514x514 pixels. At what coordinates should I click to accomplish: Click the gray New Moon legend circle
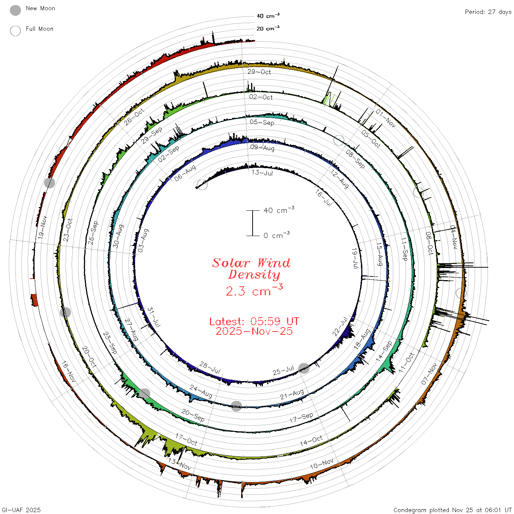pos(15,10)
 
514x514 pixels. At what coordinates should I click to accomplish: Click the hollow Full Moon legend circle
pos(15,31)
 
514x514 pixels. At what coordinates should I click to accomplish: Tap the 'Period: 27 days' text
pos(488,12)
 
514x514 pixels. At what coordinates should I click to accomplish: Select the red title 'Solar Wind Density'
pos(251,269)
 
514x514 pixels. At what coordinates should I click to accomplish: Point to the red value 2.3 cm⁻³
pos(254,290)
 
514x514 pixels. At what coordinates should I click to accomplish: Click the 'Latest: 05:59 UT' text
pos(254,321)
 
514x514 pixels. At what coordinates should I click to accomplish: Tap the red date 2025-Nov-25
pos(254,331)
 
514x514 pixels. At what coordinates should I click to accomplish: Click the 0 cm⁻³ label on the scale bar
pos(276,235)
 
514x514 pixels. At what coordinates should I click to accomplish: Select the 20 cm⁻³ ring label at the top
pos(268,28)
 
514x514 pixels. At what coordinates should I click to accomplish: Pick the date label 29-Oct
pos(259,72)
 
